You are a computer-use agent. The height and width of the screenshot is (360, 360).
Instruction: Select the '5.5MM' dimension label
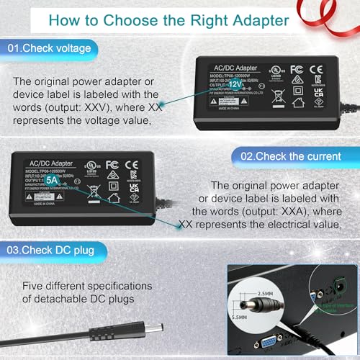[x=243, y=314]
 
